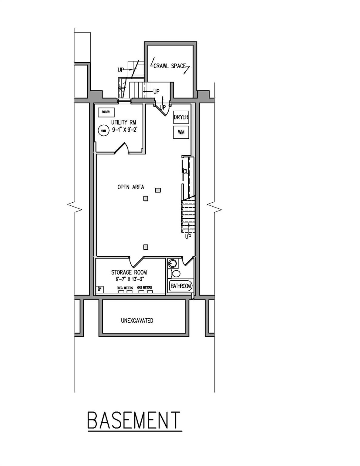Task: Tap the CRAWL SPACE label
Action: coord(170,66)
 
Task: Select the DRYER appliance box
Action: coord(181,117)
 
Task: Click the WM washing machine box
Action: coord(181,132)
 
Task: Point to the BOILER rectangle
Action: coord(106,112)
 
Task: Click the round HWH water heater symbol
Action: coord(103,131)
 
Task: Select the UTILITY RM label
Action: coord(123,123)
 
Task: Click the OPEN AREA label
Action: coord(131,187)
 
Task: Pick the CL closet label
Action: coord(186,171)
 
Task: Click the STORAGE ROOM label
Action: coord(129,272)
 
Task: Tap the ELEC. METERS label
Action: coord(125,288)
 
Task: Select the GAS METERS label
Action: coord(144,287)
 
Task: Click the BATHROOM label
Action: coord(181,286)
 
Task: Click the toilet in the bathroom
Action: coord(175,274)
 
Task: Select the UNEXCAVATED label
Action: coord(137,320)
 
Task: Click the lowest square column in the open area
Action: coord(146,247)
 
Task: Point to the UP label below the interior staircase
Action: coord(188,237)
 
